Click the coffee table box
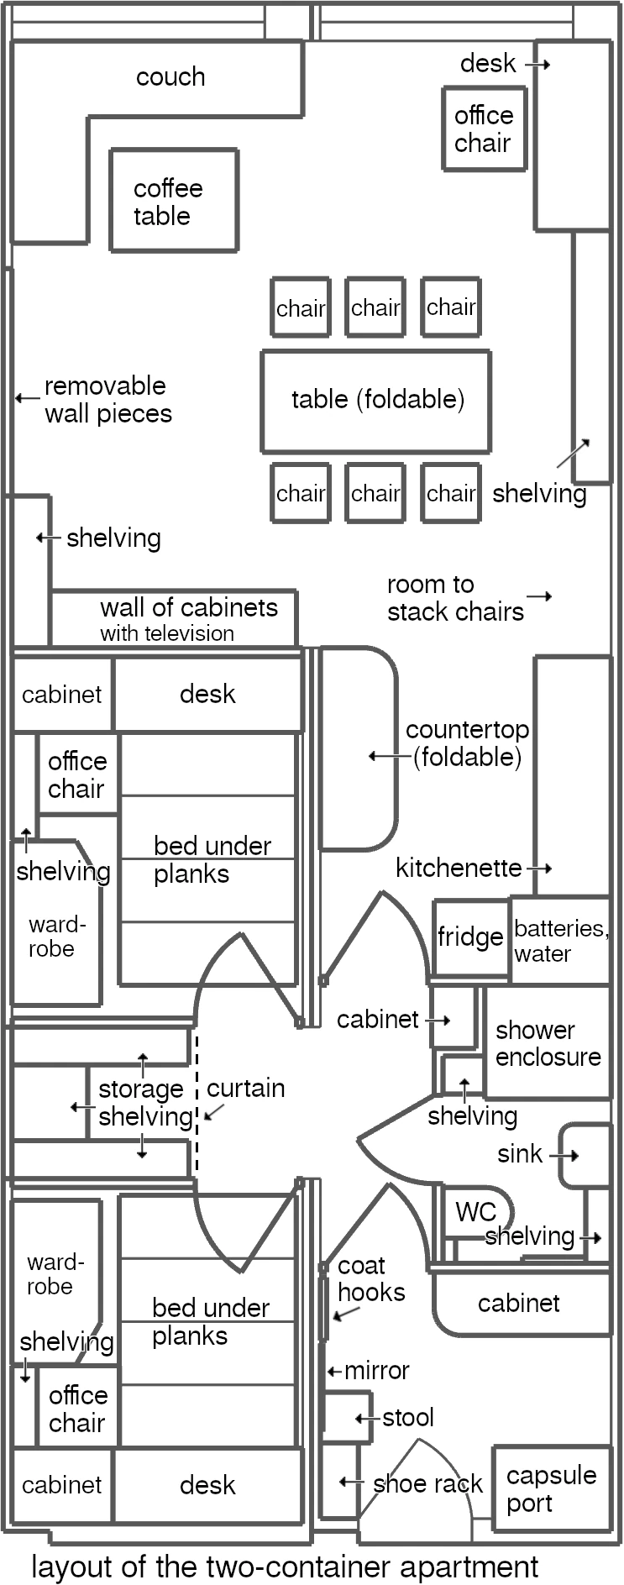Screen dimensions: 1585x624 tap(174, 200)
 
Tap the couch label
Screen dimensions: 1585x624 tap(170, 77)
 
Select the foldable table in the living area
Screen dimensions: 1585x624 tap(375, 401)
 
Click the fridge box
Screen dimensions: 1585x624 tap(470, 937)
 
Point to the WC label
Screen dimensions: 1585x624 tap(475, 1211)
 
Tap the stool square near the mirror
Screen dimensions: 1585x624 tap(346, 1417)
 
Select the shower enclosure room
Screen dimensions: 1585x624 tap(548, 1042)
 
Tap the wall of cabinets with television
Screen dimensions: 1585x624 tap(173, 618)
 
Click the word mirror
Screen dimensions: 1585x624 tap(377, 1371)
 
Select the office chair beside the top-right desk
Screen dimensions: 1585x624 tap(484, 129)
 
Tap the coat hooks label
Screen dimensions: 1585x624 tap(370, 1278)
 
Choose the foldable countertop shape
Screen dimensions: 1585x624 tap(357, 748)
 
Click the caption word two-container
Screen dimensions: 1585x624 tap(287, 1567)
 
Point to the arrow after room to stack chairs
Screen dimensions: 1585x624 tap(539, 596)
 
